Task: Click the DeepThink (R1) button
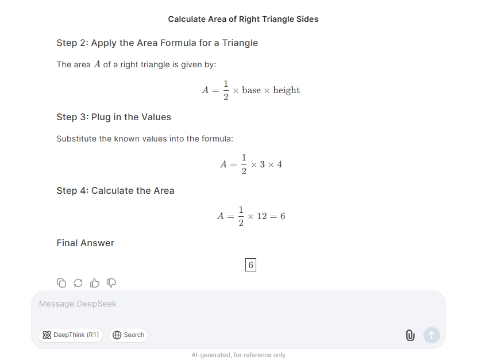(x=71, y=335)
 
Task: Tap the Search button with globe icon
(x=128, y=335)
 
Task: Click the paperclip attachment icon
(x=410, y=335)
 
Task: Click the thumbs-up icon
(x=95, y=282)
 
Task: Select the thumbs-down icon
(x=111, y=282)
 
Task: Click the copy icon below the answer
(x=61, y=282)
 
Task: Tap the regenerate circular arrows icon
(x=78, y=282)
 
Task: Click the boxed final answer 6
(x=250, y=265)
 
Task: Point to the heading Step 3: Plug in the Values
(x=114, y=117)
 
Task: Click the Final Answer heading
(x=85, y=243)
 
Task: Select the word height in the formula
(x=286, y=90)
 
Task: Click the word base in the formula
(x=251, y=90)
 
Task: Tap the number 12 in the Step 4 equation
(x=262, y=216)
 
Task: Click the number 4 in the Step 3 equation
(x=279, y=164)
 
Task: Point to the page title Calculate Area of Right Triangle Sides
(x=243, y=19)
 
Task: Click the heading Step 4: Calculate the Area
(x=115, y=190)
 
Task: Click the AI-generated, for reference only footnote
(x=238, y=355)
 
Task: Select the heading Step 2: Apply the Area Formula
(x=157, y=43)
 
